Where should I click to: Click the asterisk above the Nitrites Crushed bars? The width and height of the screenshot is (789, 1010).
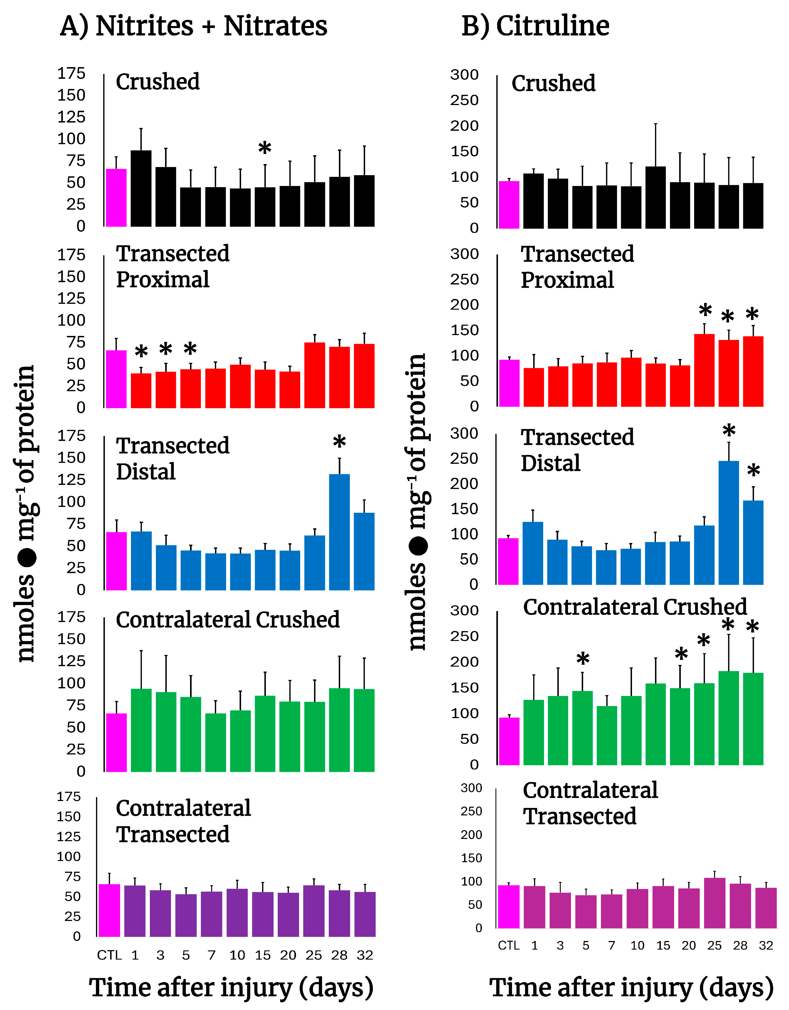click(265, 149)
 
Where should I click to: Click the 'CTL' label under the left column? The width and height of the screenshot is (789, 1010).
click(109, 955)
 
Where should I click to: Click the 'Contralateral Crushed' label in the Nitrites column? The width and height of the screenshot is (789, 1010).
click(228, 620)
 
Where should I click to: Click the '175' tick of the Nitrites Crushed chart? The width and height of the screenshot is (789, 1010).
click(71, 73)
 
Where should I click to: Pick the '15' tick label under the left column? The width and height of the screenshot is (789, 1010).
click(262, 955)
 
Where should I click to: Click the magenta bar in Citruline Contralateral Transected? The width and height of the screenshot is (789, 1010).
click(509, 906)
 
